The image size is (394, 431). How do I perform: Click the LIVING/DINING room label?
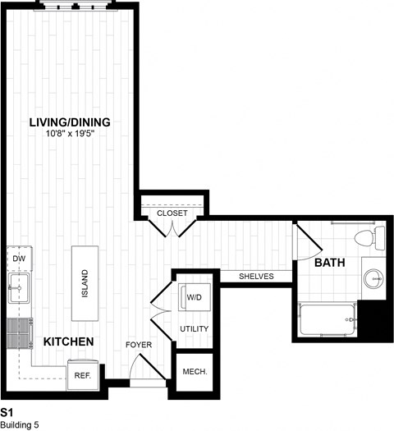(81, 122)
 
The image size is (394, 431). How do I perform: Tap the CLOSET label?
(172, 213)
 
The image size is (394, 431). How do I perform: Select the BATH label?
(329, 263)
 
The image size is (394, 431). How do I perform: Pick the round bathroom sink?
(374, 279)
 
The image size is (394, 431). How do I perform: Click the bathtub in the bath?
(326, 319)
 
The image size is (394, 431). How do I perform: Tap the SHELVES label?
(256, 277)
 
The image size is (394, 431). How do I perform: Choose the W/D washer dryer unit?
(194, 298)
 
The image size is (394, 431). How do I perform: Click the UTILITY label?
(194, 329)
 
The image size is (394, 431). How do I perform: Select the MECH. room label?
(195, 371)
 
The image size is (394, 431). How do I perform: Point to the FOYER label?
(139, 345)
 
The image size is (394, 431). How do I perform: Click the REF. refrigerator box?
(83, 374)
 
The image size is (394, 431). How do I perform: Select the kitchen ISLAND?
(85, 283)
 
